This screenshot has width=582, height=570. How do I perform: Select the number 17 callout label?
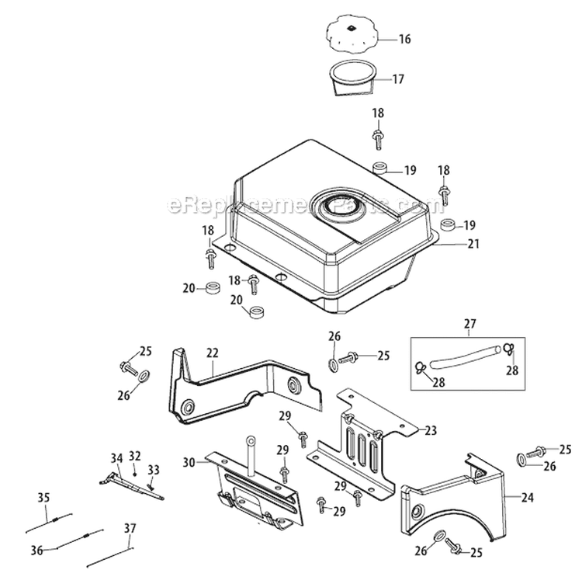[398, 78]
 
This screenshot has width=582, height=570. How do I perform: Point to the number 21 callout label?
[473, 244]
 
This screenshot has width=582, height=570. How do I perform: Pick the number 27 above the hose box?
[470, 323]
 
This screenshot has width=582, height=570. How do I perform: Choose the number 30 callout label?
[189, 462]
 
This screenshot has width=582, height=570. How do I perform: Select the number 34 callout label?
[116, 458]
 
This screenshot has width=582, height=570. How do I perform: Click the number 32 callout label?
[135, 456]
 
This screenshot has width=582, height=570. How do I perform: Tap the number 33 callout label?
[153, 469]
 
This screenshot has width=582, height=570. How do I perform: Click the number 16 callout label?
[404, 38]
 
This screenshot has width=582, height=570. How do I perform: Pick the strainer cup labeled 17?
[352, 78]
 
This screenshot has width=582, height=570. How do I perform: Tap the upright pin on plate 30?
[251, 452]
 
